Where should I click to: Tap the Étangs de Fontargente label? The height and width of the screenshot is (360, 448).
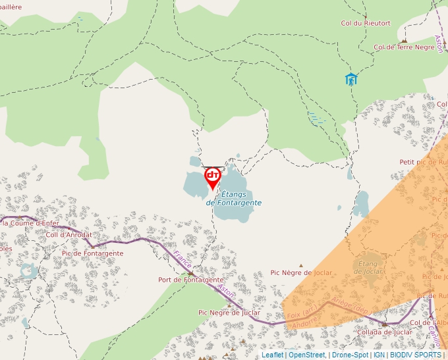click(x=234, y=198)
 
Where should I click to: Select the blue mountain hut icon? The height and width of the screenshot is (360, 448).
click(x=351, y=80)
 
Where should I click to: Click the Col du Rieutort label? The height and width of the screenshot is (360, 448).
click(x=365, y=23)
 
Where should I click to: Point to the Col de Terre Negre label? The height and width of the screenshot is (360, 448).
click(x=404, y=47)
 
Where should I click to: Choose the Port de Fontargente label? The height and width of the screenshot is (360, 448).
click(x=191, y=280)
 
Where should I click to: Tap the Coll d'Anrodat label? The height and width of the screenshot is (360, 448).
click(x=69, y=235)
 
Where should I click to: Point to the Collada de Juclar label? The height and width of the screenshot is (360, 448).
click(x=385, y=332)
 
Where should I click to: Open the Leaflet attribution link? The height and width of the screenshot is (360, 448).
click(x=273, y=355)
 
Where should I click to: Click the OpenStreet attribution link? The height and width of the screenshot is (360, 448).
click(x=306, y=355)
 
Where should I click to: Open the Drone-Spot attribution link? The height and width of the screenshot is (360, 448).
click(x=350, y=355)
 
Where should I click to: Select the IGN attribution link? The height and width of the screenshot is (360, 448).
click(x=379, y=355)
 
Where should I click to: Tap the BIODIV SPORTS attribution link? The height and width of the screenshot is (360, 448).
click(x=415, y=355)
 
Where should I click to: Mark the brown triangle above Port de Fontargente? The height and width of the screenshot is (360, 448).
click(x=191, y=272)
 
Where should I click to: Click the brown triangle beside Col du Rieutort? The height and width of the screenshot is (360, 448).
click(x=365, y=15)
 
